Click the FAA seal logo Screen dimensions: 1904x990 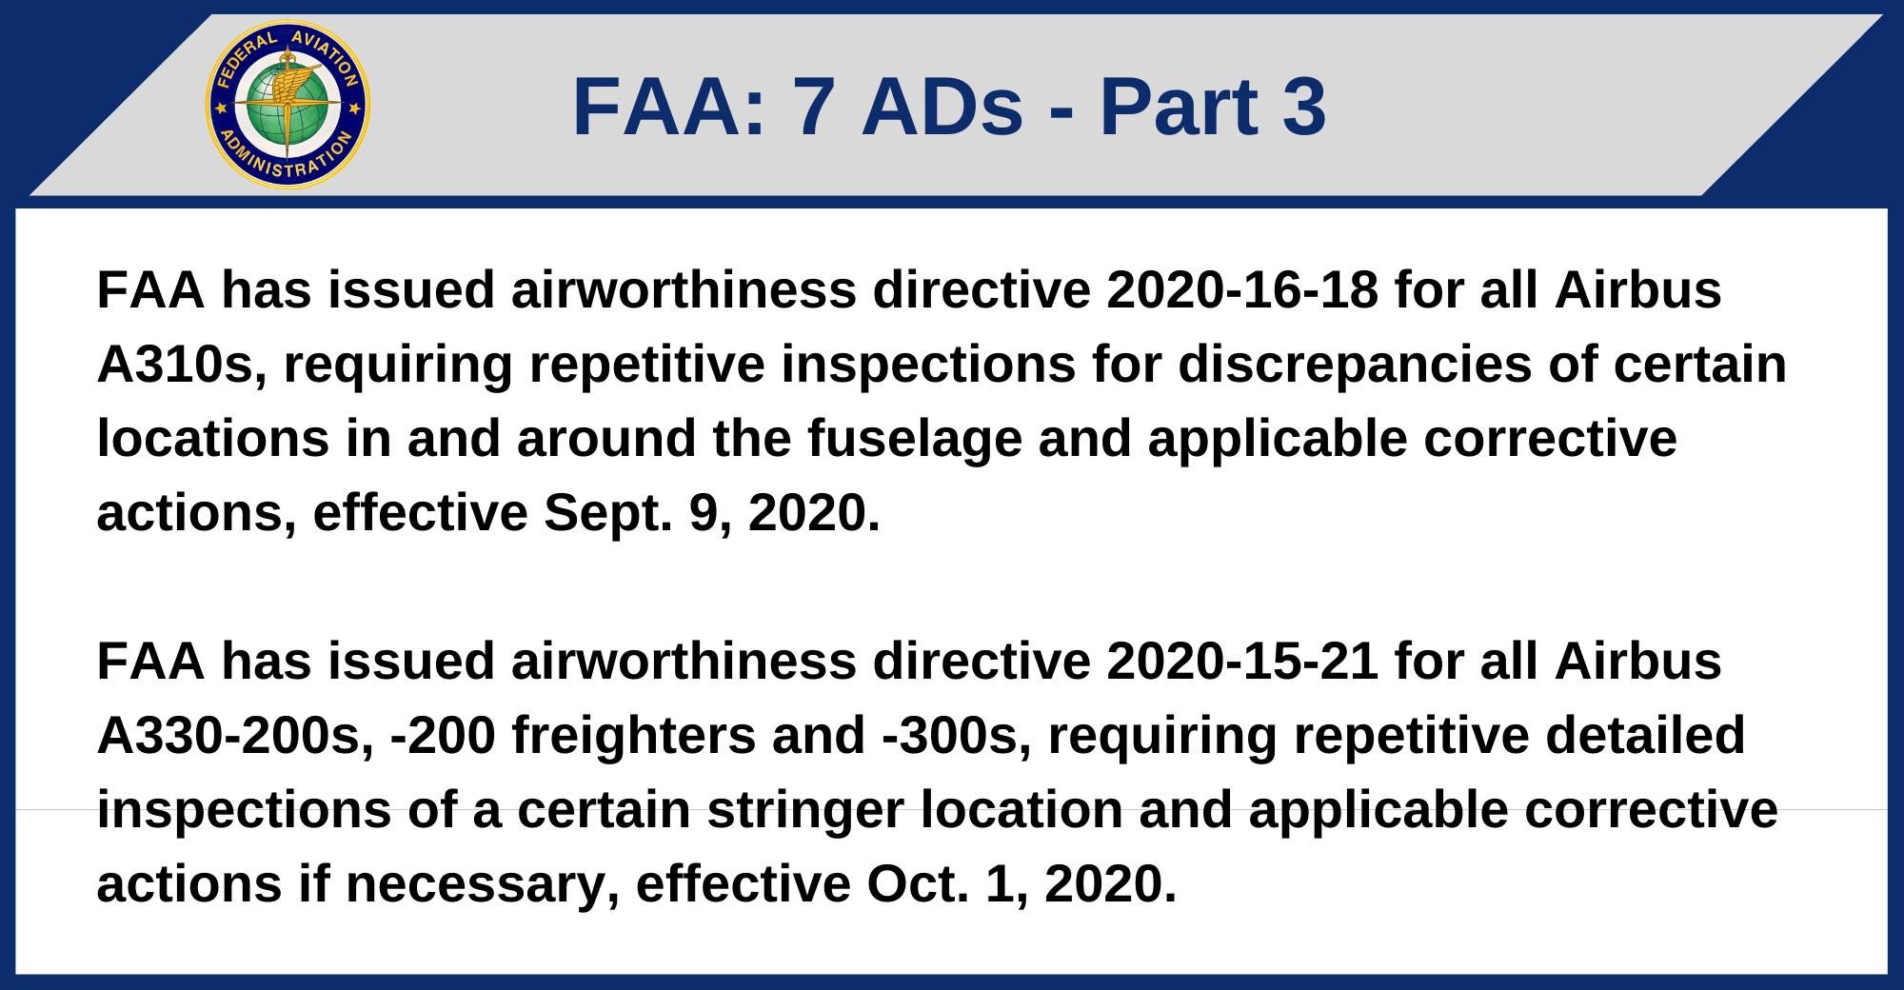click(x=288, y=105)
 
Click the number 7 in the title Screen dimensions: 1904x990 click(x=814, y=107)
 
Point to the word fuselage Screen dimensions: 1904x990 click(x=914, y=440)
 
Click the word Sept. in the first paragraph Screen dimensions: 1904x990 click(x=608, y=514)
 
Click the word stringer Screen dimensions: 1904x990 click(x=805, y=811)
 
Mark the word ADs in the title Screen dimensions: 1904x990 click(x=942, y=107)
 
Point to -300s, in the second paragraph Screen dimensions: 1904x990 click(x=957, y=737)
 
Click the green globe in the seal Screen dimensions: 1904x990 click(x=288, y=105)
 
